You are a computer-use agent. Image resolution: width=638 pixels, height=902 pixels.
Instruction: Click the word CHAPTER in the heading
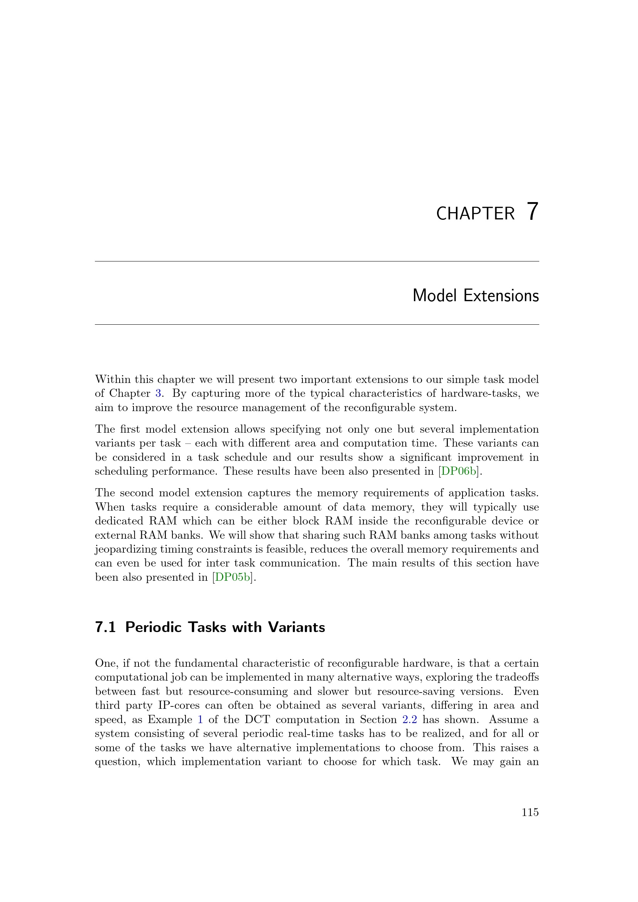[475, 214]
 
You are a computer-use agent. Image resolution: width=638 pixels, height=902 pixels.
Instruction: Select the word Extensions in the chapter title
[501, 296]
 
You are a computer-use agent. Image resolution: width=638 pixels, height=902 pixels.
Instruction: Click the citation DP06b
[459, 471]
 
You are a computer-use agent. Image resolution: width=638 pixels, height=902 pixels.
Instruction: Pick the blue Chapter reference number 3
[158, 393]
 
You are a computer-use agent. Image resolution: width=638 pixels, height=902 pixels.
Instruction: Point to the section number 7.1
[105, 627]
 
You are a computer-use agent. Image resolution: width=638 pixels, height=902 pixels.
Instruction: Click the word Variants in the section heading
[297, 627]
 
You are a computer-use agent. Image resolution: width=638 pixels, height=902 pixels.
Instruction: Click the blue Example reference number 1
[200, 720]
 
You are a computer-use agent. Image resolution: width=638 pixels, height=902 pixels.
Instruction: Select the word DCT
[257, 720]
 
